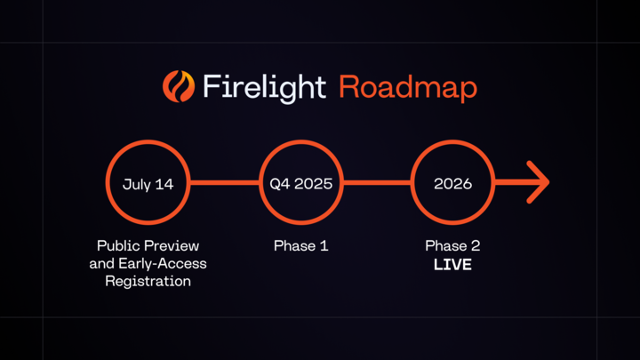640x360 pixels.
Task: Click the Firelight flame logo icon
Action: pyautogui.click(x=178, y=86)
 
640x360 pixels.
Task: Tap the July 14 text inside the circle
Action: pyautogui.click(x=148, y=184)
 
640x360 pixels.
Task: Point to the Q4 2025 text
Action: pyautogui.click(x=301, y=184)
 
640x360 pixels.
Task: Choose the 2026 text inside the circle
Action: pyautogui.click(x=452, y=184)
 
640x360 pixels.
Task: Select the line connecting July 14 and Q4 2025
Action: pyautogui.click(x=225, y=183)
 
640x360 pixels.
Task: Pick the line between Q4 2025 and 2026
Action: pyautogui.click(x=377, y=183)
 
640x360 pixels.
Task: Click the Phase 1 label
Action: pyautogui.click(x=301, y=245)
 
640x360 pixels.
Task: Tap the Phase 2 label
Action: pyautogui.click(x=452, y=245)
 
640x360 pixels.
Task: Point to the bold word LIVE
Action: pyautogui.click(x=452, y=264)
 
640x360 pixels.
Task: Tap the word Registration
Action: pyautogui.click(x=148, y=281)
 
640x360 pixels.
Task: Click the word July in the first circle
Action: pyautogui.click(x=137, y=184)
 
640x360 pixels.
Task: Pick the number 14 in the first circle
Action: pyautogui.click(x=164, y=184)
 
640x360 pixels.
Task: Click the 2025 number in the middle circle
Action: pyautogui.click(x=313, y=184)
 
